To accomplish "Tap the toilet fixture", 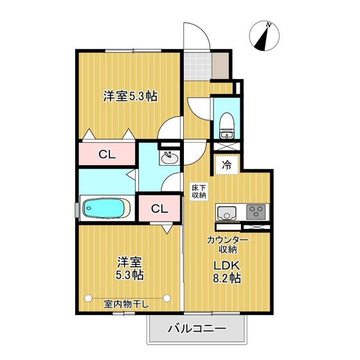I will (x=226, y=123).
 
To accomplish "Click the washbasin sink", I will (x=170, y=157).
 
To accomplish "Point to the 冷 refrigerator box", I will (x=226, y=165).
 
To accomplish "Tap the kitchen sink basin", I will (x=226, y=213).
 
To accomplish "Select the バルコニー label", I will (x=197, y=329).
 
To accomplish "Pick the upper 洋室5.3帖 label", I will (x=130, y=96).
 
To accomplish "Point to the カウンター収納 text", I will (x=228, y=244).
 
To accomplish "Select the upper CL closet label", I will (x=107, y=154).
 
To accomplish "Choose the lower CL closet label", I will (x=159, y=209).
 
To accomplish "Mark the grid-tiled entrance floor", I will (x=199, y=64).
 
